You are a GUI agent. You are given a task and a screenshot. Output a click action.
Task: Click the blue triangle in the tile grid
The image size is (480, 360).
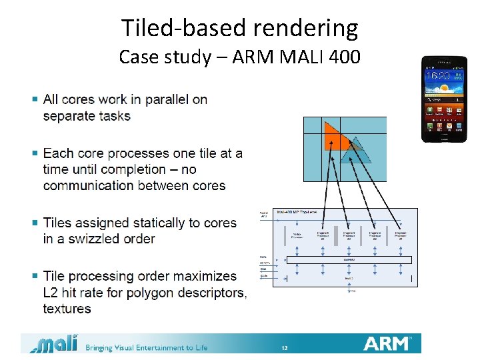pos(353,151)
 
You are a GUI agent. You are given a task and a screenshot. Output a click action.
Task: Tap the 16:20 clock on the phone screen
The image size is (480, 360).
pos(438,76)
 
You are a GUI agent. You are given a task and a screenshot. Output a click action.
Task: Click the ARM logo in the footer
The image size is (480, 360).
pos(388,343)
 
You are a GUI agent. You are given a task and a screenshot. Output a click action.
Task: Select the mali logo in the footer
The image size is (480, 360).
pos(54,344)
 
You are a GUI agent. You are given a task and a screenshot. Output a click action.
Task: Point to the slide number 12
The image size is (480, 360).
pos(284,348)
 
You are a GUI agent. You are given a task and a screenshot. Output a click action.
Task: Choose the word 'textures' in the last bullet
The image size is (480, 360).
pos(67,309)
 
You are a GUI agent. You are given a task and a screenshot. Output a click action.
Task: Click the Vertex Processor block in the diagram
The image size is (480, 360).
pos(296,235)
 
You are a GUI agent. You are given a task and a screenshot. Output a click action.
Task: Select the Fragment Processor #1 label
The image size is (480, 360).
pos(323,235)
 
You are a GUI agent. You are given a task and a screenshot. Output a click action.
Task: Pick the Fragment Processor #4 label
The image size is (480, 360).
pos(400,235)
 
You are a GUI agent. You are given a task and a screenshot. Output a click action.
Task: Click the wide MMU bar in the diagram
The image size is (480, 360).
pos(349,260)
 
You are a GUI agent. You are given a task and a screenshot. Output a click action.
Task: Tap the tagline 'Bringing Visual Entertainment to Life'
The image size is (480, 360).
pos(146,347)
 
